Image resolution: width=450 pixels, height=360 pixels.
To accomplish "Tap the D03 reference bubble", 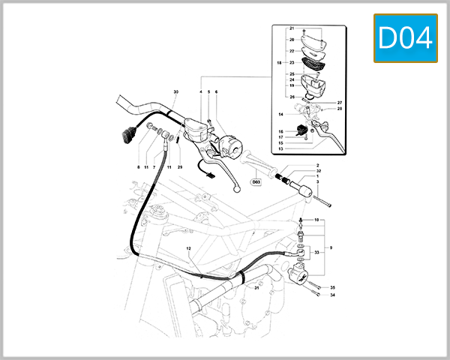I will (256, 181).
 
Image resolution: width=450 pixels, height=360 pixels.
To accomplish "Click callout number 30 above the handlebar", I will (175, 92).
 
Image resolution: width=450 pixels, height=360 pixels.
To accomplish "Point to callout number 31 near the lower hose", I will (255, 288).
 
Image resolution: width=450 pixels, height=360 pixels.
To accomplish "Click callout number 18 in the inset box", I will (280, 64).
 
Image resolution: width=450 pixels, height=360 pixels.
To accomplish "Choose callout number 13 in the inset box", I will (280, 148).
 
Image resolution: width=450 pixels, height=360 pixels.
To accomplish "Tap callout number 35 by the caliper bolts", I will (333, 288).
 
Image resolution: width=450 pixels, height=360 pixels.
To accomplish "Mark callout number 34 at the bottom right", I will (333, 295).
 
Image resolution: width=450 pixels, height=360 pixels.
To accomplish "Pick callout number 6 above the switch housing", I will (216, 92).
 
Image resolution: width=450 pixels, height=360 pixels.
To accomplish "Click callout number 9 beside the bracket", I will (332, 247).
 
